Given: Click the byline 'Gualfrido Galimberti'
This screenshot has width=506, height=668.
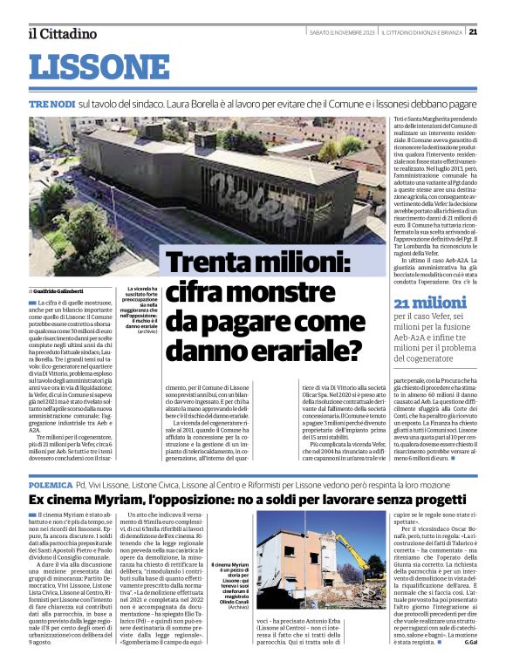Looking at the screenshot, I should (60, 290).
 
